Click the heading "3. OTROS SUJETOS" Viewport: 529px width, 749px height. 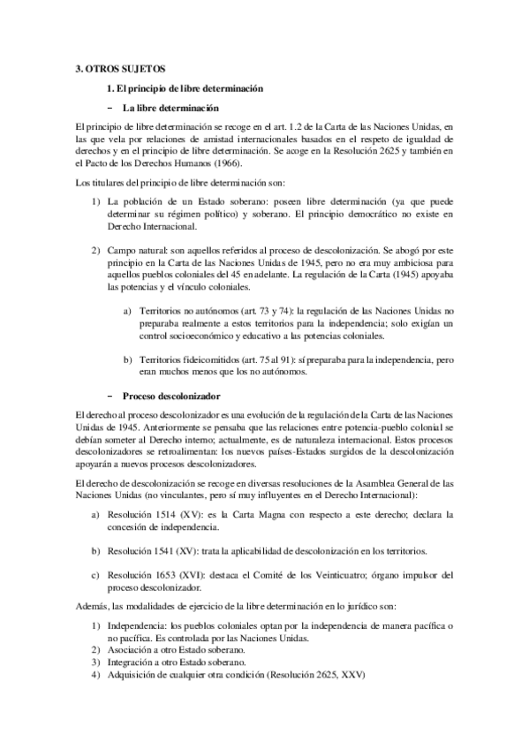pyautogui.click(x=119, y=68)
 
